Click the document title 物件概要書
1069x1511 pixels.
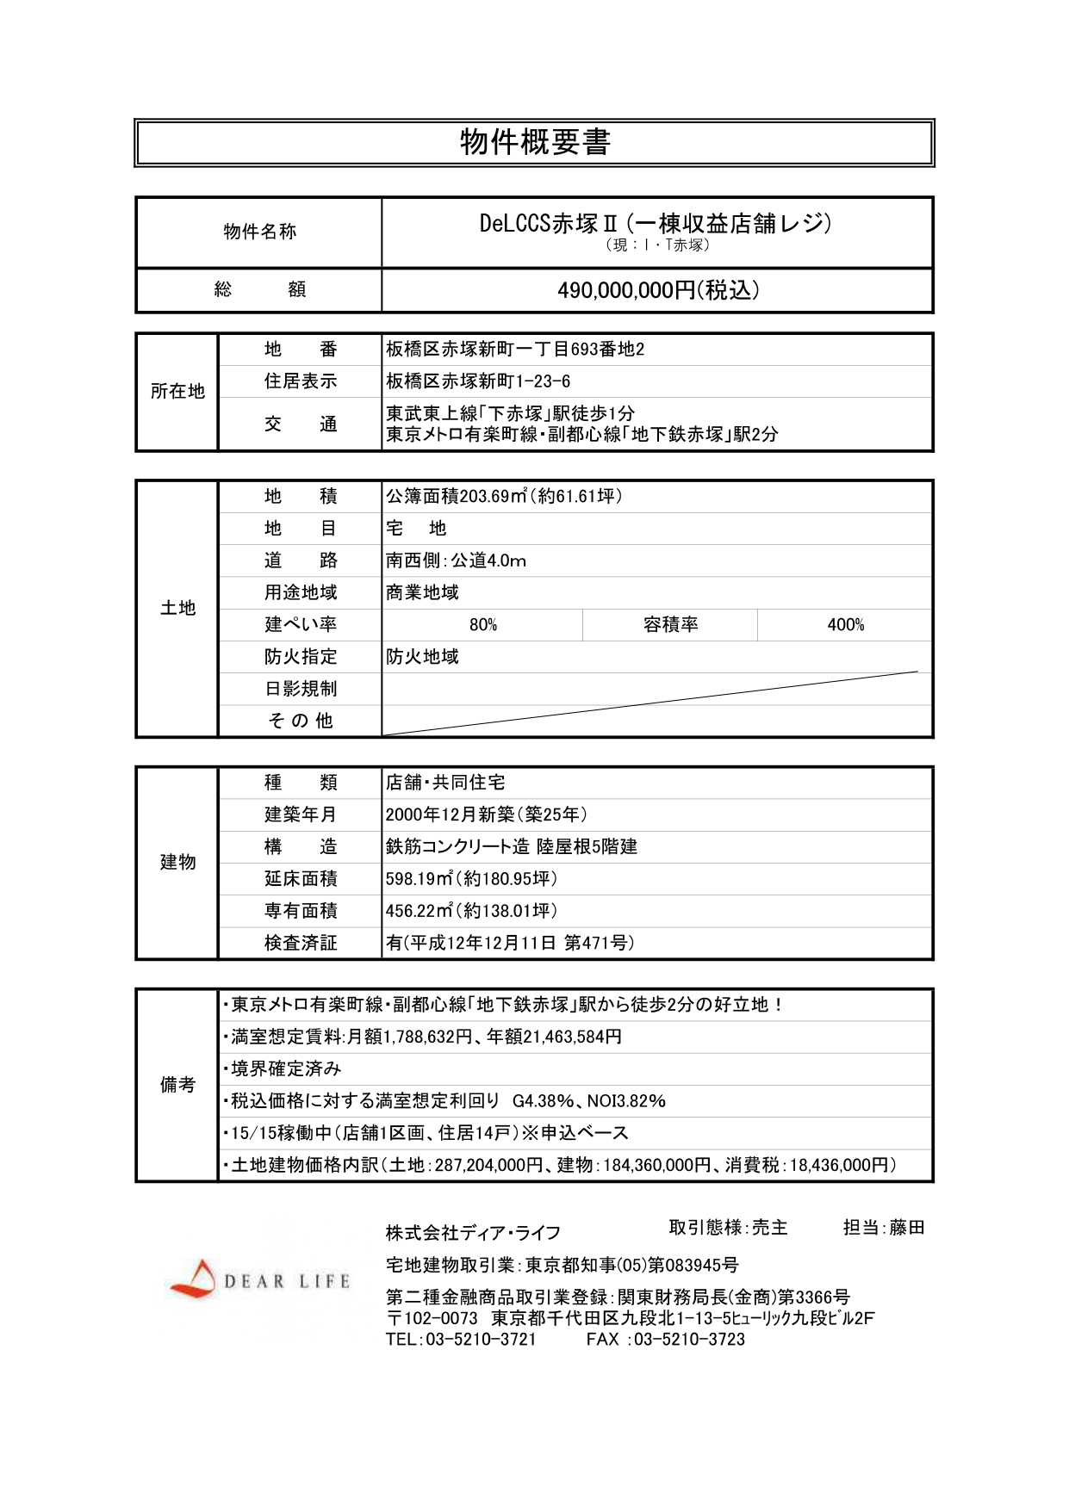(x=534, y=142)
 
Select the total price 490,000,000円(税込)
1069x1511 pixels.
(x=658, y=290)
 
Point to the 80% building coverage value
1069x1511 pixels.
(x=482, y=625)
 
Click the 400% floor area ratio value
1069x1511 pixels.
(x=845, y=625)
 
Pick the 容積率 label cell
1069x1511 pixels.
(x=670, y=625)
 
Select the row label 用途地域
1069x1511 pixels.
(x=300, y=592)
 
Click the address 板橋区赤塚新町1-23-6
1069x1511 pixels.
(x=478, y=381)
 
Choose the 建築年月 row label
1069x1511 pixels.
(x=300, y=814)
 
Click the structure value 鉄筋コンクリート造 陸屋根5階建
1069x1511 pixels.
(x=512, y=846)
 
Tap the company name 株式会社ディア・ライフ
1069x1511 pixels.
(x=473, y=1233)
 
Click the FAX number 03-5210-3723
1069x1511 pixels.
(x=689, y=1339)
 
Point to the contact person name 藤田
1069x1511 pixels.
(x=906, y=1228)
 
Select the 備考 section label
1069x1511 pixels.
(x=177, y=1085)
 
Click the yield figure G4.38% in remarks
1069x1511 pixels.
(x=544, y=1101)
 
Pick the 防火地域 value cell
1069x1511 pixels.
(x=422, y=657)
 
